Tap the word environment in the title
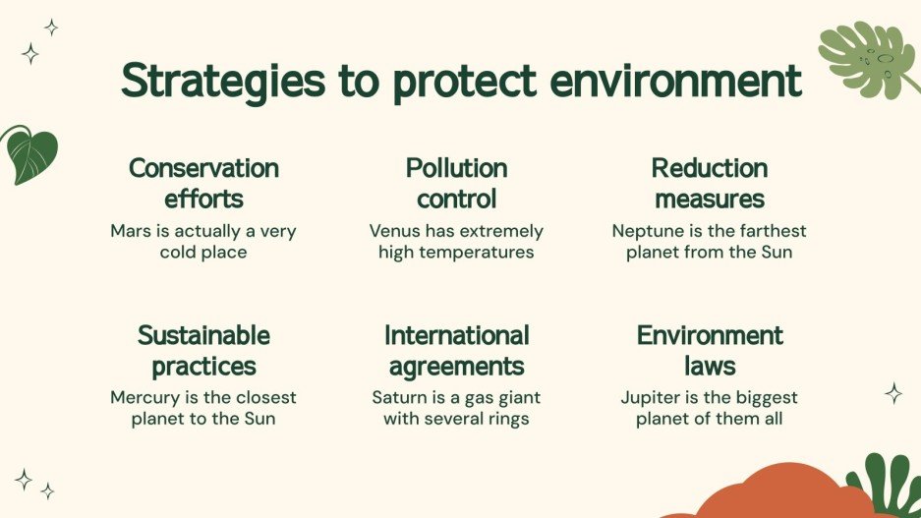pyautogui.click(x=676, y=82)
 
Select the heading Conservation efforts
pyautogui.click(x=203, y=183)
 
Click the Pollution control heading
pyautogui.click(x=456, y=183)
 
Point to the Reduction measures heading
pyautogui.click(x=709, y=183)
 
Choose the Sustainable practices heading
pyautogui.click(x=203, y=351)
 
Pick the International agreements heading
pyautogui.click(x=456, y=351)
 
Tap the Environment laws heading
pyautogui.click(x=709, y=351)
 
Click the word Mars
pyautogui.click(x=131, y=232)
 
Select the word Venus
pyautogui.click(x=396, y=232)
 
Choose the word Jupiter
pyautogui.click(x=654, y=398)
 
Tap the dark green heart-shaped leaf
pyautogui.click(x=30, y=154)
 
